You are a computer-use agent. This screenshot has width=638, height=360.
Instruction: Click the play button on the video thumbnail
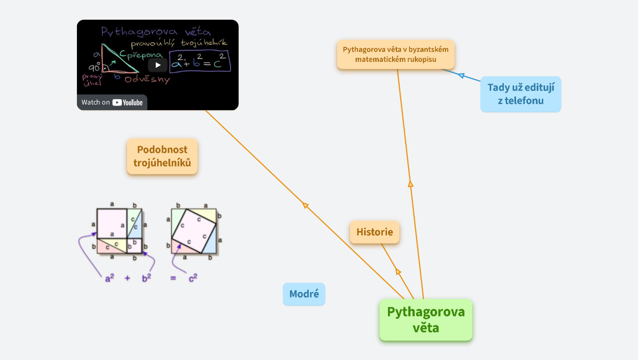(x=158, y=65)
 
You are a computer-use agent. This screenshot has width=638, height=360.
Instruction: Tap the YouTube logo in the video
(x=128, y=102)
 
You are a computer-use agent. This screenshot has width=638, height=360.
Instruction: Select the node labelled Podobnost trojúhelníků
(x=162, y=156)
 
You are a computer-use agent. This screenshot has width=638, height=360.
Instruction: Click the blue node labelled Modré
(x=304, y=294)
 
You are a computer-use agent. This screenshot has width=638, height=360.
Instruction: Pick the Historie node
(x=374, y=232)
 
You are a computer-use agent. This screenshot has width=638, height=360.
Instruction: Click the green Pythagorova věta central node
(x=426, y=320)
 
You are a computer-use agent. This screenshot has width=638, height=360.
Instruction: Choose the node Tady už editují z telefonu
(x=521, y=94)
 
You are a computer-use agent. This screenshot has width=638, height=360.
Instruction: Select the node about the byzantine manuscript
(x=396, y=54)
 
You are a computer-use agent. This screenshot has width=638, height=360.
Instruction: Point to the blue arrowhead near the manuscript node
(x=461, y=75)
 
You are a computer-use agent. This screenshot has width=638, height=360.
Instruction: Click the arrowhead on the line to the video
(x=305, y=205)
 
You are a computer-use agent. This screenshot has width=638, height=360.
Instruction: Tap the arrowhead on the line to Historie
(x=398, y=271)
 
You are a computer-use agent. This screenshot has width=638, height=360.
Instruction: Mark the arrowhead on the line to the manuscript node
(x=410, y=184)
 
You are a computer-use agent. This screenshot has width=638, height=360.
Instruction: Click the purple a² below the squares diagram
(x=110, y=278)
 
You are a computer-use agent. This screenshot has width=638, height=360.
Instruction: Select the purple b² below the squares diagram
(x=146, y=278)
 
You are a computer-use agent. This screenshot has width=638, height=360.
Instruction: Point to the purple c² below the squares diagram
(x=193, y=278)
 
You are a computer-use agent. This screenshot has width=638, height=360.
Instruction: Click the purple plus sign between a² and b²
(x=127, y=278)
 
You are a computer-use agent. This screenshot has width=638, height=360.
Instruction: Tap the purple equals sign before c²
(x=173, y=278)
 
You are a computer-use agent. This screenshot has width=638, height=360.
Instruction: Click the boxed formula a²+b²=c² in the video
(x=200, y=61)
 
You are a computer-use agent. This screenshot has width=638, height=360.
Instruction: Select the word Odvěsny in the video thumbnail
(x=147, y=80)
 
